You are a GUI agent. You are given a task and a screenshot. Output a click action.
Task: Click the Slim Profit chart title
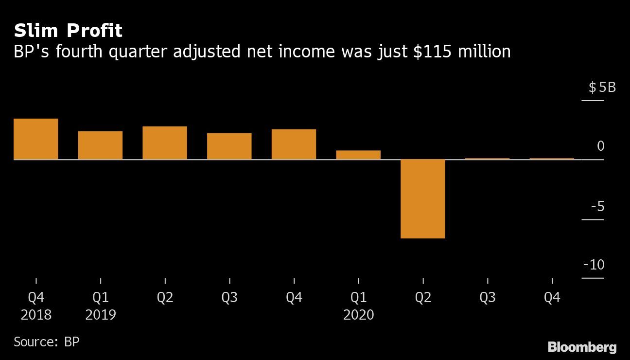pos(68,31)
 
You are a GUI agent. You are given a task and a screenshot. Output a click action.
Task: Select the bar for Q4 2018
pos(36,139)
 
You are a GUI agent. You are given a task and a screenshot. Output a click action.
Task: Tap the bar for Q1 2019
pos(100,145)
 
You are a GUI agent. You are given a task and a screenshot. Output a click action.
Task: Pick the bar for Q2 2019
pos(165,143)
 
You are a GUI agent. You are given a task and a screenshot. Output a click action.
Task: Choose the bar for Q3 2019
pos(229,146)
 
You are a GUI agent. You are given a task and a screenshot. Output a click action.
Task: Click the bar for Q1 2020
pos(358,155)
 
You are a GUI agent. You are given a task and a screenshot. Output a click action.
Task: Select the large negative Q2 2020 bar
pos(422,198)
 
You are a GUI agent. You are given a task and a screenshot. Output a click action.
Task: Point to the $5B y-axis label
pos(602,88)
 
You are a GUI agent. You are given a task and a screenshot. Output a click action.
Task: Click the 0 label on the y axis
pos(601,146)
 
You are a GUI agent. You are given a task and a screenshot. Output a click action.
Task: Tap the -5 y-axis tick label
pos(597,206)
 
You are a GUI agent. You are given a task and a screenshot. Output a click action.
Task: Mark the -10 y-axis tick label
pos(594,265)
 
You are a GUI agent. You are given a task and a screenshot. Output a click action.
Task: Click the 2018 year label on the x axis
pos(36,315)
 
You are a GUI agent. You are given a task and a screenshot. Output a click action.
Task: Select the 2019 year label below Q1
pos(101,315)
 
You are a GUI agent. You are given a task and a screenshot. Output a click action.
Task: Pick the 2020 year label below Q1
pos(359,315)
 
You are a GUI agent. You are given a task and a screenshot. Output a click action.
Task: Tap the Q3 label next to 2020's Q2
pos(488,297)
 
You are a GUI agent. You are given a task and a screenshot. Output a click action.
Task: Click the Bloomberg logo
pos(582,347)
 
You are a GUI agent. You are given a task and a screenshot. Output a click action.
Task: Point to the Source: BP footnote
pos(46,342)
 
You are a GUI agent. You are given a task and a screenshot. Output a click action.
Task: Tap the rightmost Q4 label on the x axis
pos(552,297)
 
